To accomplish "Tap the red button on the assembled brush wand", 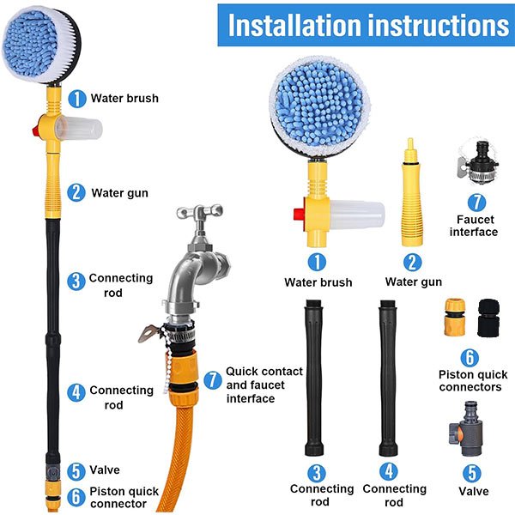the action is (x=35, y=130).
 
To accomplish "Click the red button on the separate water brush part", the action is (x=300, y=214).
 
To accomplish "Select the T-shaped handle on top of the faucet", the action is (x=200, y=212).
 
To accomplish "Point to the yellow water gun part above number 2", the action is (x=411, y=193).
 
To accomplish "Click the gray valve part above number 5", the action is (x=466, y=428).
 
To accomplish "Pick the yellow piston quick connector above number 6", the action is (x=455, y=317).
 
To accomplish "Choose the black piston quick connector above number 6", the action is (x=488, y=318).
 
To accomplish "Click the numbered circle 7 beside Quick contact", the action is (x=213, y=380).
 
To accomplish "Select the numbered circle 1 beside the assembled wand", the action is (x=77, y=99).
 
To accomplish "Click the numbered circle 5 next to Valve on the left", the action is (x=76, y=471).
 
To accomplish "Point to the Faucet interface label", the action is (x=474, y=226).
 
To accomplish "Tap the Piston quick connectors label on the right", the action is (x=472, y=380).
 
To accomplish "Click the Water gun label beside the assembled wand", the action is (x=119, y=193).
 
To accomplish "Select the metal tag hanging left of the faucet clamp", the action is (x=149, y=333).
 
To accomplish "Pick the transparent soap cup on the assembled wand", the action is (x=79, y=129).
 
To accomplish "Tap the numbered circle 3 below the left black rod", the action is (x=317, y=473).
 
